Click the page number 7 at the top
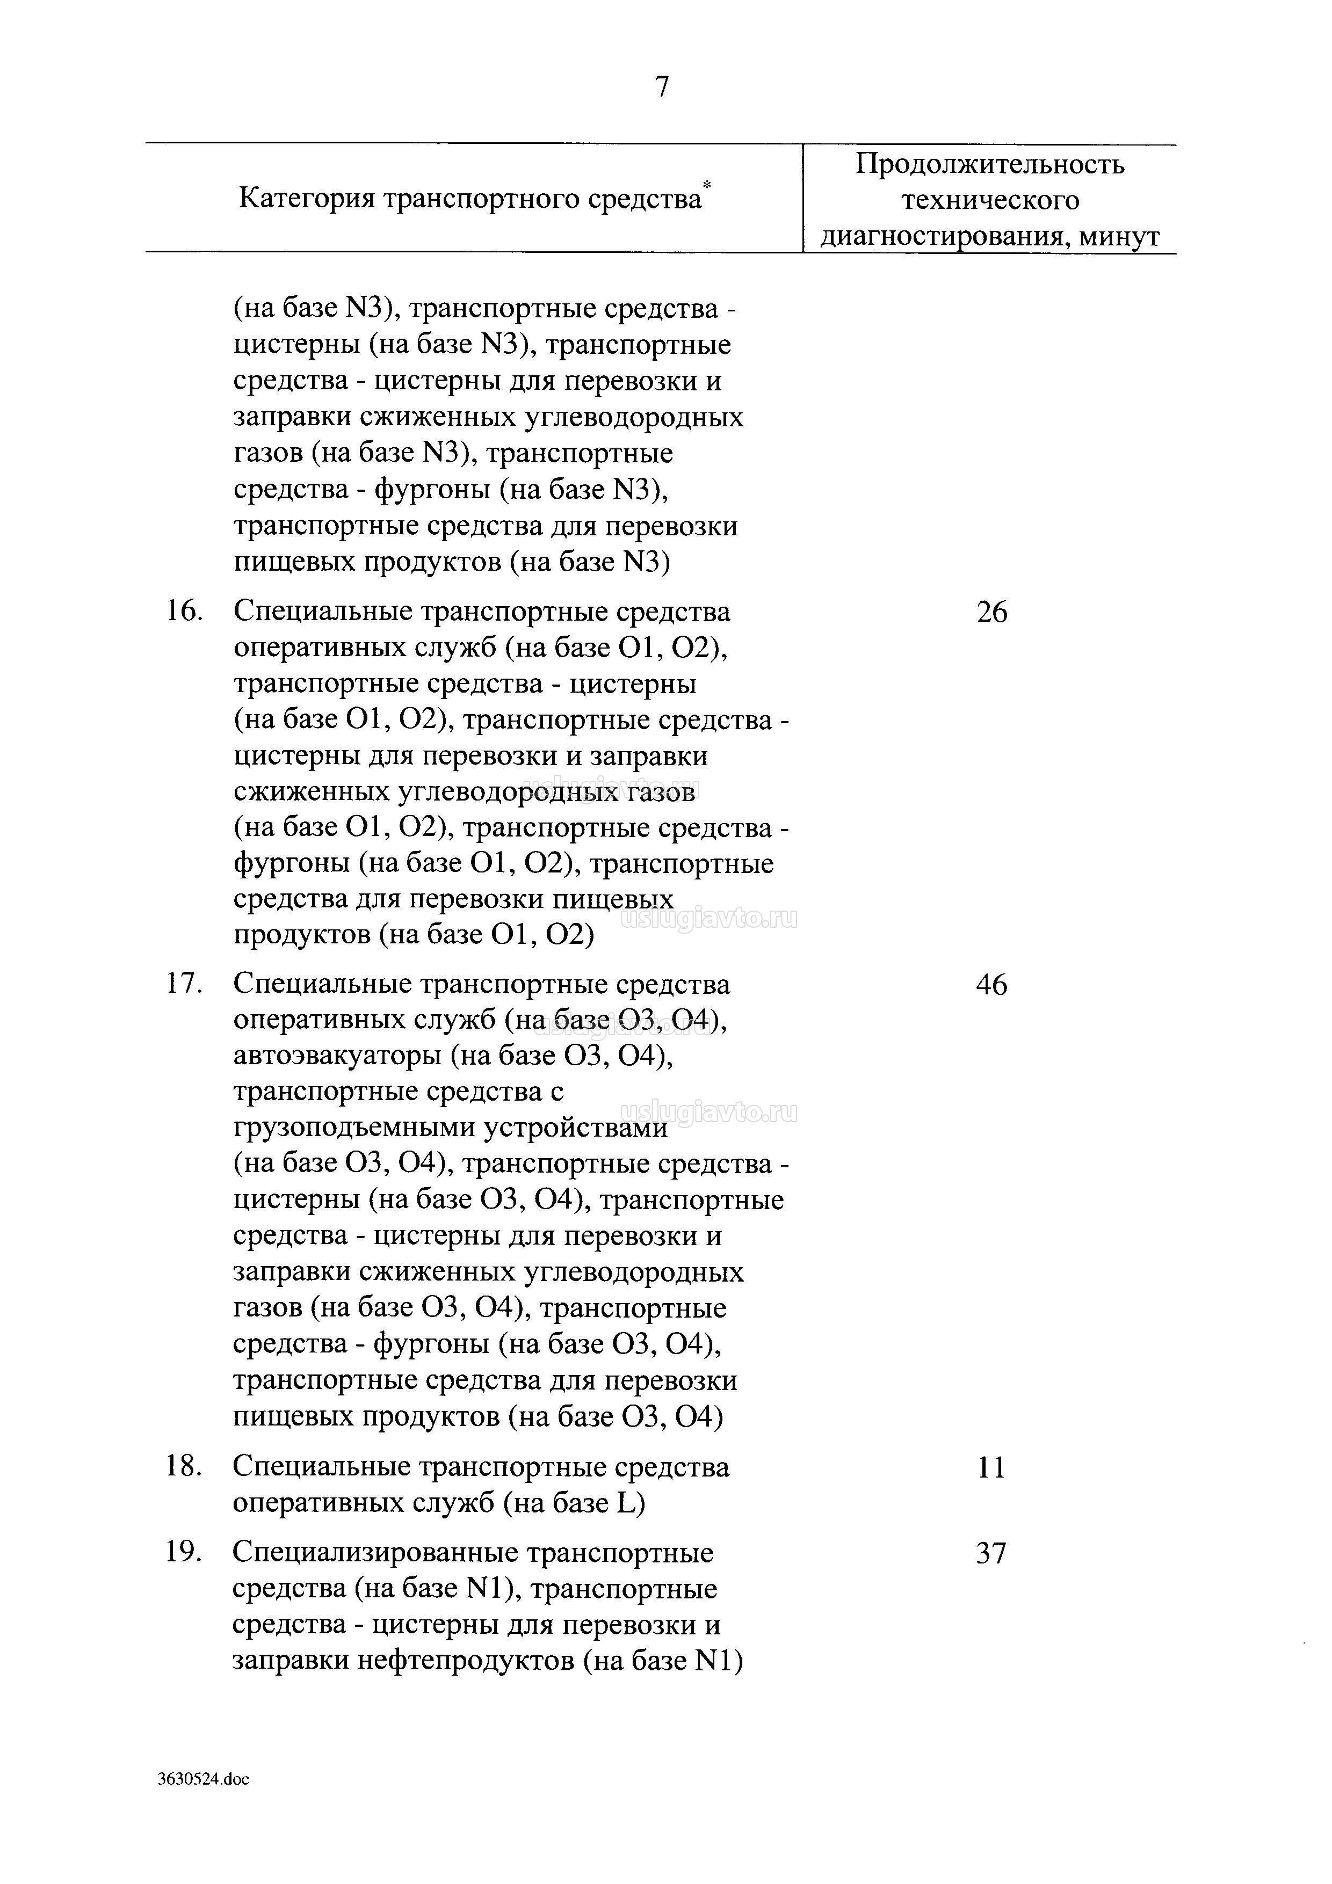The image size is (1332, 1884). [662, 86]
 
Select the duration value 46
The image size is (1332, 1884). [991, 985]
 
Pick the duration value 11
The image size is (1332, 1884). [991, 1467]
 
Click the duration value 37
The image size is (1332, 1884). [991, 1553]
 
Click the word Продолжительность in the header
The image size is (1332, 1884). [990, 165]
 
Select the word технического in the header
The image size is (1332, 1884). [990, 201]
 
